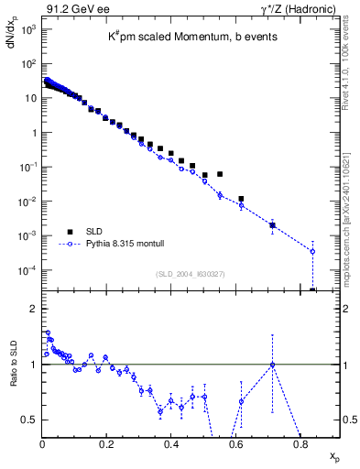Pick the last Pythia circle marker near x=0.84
click(x=312, y=251)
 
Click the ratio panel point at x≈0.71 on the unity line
click(x=272, y=365)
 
